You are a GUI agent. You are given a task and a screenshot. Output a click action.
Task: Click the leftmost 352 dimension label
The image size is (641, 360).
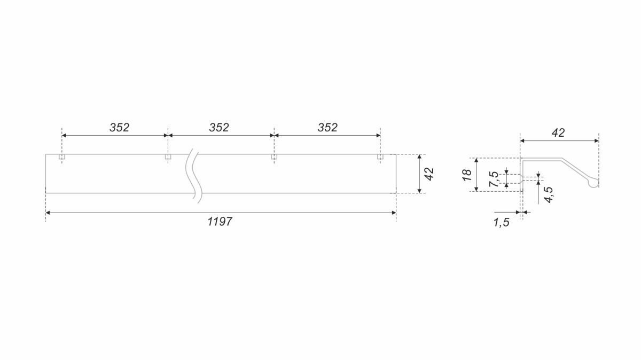pos(119,127)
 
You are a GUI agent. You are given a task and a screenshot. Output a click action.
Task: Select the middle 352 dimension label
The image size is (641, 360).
pos(219,127)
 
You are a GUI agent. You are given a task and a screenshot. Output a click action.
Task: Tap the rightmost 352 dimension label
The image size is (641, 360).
pos(327,127)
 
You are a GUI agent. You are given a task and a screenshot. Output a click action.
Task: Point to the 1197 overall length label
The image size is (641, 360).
pos(220,222)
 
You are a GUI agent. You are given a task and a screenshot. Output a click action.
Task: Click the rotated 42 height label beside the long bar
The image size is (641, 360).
pos(429,174)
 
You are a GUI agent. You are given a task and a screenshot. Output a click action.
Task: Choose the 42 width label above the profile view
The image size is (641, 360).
pos(558,133)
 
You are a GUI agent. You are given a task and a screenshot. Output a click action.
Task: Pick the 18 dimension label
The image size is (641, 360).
pos(467,175)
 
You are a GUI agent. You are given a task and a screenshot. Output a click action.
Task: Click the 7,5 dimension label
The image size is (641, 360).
pos(494,179)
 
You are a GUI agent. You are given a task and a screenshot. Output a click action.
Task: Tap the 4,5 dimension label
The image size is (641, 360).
pos(549,194)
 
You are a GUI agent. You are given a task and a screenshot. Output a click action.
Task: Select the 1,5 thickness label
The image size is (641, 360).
pos(502,222)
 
